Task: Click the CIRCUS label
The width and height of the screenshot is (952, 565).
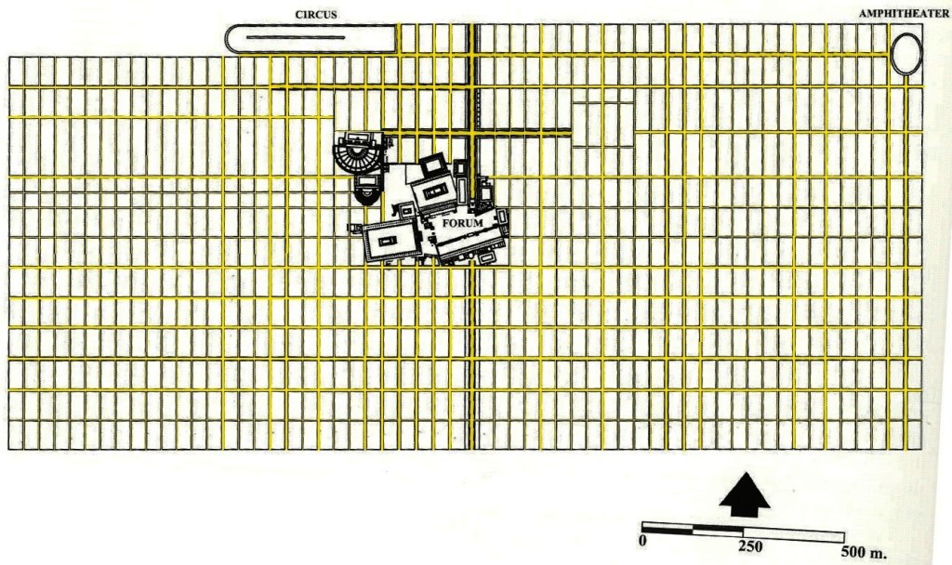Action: (x=316, y=14)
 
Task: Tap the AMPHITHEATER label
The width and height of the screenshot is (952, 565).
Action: (x=904, y=14)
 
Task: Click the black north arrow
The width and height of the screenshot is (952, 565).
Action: (x=745, y=493)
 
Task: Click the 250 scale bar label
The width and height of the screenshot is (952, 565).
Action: (x=749, y=545)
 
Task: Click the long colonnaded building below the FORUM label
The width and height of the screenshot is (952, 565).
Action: (x=470, y=244)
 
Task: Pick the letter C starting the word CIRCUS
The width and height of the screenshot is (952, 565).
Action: (x=299, y=14)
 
